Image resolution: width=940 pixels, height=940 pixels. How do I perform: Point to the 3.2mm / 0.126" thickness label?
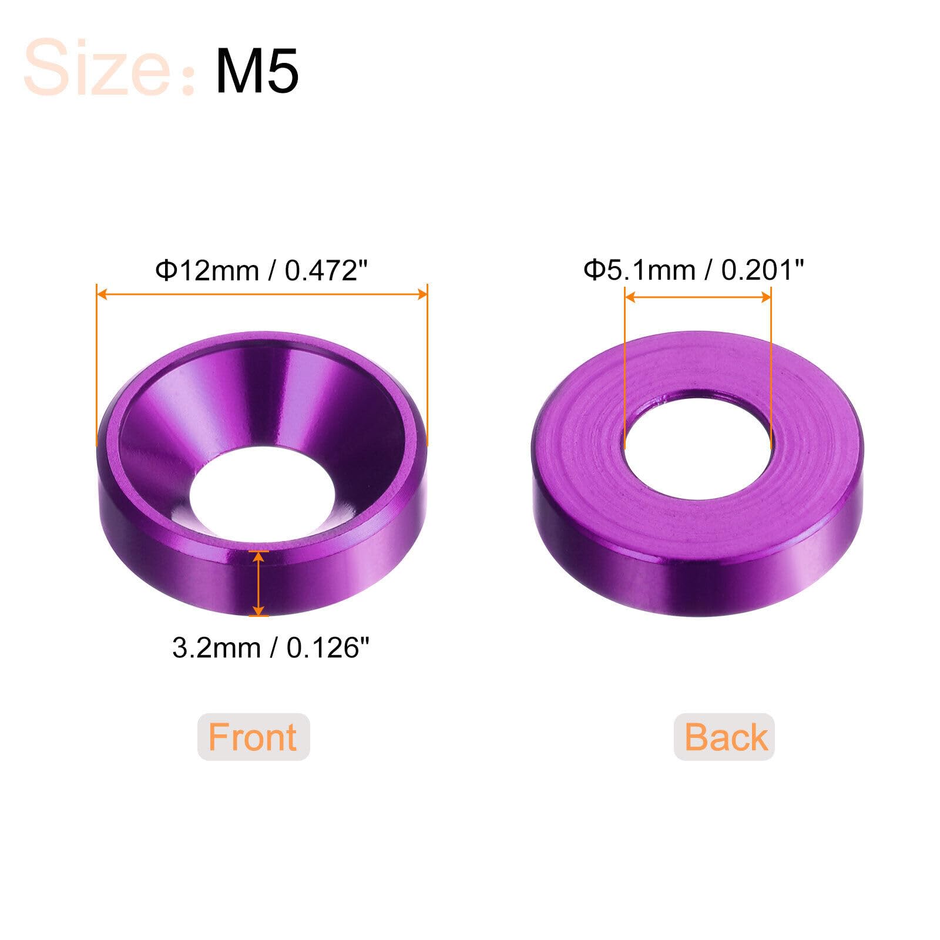click(271, 648)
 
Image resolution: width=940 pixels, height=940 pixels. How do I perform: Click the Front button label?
click(253, 737)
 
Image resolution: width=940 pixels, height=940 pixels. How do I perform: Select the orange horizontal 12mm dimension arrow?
click(261, 294)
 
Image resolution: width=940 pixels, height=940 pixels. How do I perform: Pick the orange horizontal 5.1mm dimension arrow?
click(697, 297)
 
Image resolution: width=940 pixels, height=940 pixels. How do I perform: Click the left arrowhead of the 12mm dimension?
click(102, 294)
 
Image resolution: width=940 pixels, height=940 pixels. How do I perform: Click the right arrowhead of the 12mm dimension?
click(422, 294)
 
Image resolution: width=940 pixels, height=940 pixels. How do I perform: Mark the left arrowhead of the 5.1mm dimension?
click(630, 297)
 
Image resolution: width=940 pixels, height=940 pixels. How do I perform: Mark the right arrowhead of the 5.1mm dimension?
click(765, 297)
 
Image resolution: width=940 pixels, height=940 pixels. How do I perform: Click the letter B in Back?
click(696, 737)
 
